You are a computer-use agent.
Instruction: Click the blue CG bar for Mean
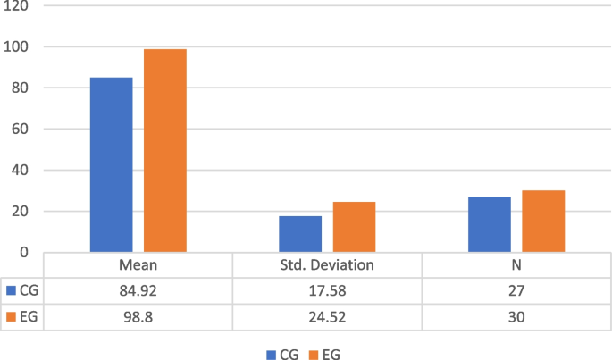(111, 164)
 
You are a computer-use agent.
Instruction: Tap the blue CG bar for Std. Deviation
(300, 234)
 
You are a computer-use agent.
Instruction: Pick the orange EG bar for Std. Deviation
(354, 227)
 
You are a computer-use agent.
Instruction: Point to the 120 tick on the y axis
(18, 6)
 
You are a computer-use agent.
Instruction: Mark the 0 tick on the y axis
(25, 253)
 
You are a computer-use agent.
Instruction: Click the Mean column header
(138, 265)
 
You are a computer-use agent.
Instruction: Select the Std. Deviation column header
(327, 265)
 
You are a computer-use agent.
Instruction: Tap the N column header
(516, 265)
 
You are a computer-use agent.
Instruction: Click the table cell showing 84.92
(138, 290)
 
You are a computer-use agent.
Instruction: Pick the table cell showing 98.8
(138, 316)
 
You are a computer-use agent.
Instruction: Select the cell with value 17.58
(327, 290)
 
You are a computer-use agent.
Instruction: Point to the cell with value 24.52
(327, 316)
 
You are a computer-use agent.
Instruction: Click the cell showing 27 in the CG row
(516, 290)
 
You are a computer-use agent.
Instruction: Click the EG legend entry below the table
(323, 355)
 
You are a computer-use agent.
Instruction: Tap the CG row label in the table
(24, 290)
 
